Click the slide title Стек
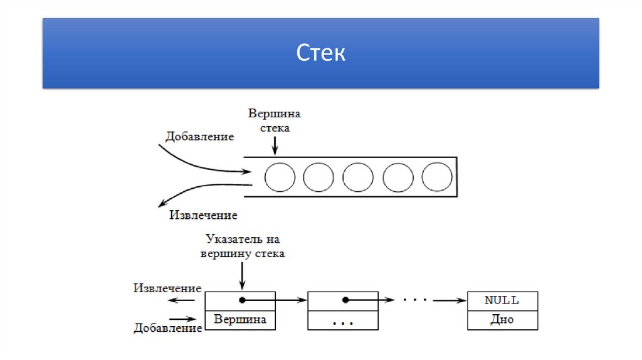pyautogui.click(x=320, y=53)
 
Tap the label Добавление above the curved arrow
pyautogui.click(x=199, y=136)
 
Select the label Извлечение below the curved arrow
pyautogui.click(x=203, y=215)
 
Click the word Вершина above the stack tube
pyautogui.click(x=275, y=114)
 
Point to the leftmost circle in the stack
pyautogui.click(x=280, y=177)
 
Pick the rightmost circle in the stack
pyautogui.click(x=437, y=177)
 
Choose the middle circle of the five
pyautogui.click(x=359, y=177)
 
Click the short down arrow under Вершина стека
pyautogui.click(x=275, y=145)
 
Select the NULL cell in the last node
pyautogui.click(x=502, y=300)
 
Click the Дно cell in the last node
pyautogui.click(x=502, y=320)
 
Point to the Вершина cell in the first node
pyautogui.click(x=240, y=320)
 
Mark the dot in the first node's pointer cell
pyautogui.click(x=241, y=300)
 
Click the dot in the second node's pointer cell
pyautogui.click(x=344, y=300)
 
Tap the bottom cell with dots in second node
pyautogui.click(x=343, y=321)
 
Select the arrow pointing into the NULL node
pyautogui.click(x=450, y=301)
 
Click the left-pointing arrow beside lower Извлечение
pyautogui.click(x=184, y=300)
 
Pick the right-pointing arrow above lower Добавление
pyautogui.click(x=184, y=318)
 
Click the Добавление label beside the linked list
pyautogui.click(x=167, y=328)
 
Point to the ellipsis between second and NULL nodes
pyautogui.click(x=414, y=300)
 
